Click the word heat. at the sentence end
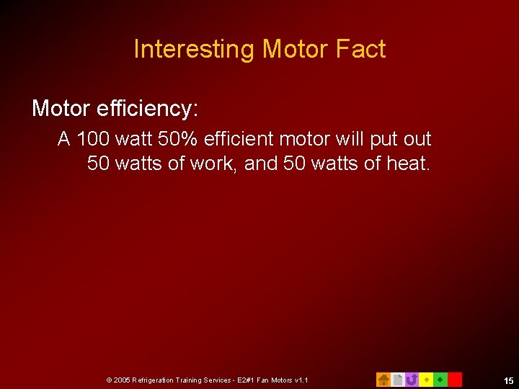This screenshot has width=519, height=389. tap(408, 164)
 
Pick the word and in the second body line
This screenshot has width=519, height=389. tap(261, 164)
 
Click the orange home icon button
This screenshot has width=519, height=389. tap(383, 379)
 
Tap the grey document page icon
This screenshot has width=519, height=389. tap(397, 379)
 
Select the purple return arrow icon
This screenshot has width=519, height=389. tap(412, 379)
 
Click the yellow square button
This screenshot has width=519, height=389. tap(426, 379)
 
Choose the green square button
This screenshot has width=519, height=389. tap(440, 379)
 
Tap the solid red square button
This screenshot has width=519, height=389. tap(455, 379)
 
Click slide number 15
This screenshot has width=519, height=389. tap(509, 380)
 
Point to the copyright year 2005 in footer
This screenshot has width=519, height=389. tap(121, 380)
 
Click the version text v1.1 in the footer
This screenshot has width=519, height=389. tap(300, 380)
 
